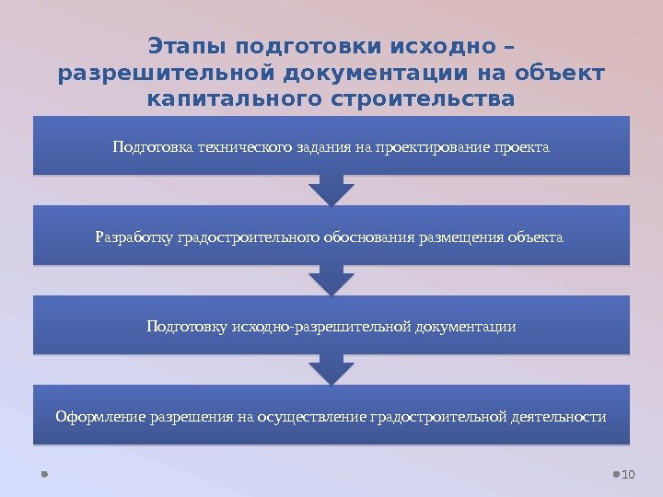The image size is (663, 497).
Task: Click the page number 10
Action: [630, 474]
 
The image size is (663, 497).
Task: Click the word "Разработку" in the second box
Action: [134, 237]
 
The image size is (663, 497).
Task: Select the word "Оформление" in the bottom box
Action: [97, 417]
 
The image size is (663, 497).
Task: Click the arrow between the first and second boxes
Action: [331, 191]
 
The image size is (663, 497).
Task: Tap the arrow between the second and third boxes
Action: [331, 280]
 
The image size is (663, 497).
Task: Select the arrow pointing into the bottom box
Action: [331, 370]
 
